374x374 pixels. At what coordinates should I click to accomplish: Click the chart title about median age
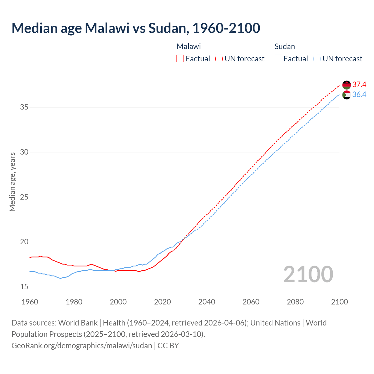[136, 28]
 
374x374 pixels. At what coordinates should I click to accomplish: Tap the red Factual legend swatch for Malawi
[180, 58]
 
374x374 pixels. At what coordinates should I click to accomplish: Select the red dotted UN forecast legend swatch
[219, 58]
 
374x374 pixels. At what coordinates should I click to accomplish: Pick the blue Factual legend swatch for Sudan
[278, 58]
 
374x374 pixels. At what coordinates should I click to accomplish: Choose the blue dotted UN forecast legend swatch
[317, 58]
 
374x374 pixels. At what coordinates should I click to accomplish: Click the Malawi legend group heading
[188, 46]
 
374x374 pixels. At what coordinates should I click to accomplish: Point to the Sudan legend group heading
[285, 46]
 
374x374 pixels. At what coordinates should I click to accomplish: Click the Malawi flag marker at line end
[347, 85]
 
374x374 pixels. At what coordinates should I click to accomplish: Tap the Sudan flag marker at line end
[347, 95]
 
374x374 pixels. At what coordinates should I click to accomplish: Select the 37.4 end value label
[359, 85]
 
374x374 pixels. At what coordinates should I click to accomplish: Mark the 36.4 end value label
[359, 95]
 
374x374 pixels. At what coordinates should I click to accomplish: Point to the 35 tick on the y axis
[24, 107]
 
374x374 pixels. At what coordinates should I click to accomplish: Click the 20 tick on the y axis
[24, 242]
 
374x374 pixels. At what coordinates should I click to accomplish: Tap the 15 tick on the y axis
[24, 287]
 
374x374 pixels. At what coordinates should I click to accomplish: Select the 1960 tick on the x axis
[30, 302]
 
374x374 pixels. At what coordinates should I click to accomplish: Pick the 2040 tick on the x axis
[207, 302]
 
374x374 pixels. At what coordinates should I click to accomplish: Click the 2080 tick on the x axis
[295, 302]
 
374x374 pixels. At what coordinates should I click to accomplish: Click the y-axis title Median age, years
[12, 182]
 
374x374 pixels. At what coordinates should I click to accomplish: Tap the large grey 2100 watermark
[308, 274]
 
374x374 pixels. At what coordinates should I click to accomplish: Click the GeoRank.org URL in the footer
[82, 346]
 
